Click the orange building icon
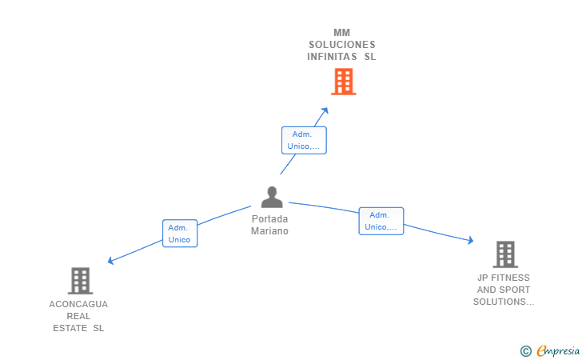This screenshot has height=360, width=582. tap(343, 82)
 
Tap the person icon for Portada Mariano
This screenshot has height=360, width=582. tap(272, 197)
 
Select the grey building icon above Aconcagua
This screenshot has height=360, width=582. tap(80, 281)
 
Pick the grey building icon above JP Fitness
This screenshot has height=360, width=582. tap(504, 254)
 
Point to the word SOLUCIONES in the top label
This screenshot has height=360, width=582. tap(342, 45)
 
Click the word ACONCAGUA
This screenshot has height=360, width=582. tap(78, 304)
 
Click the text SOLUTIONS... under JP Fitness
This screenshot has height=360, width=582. tap(504, 302)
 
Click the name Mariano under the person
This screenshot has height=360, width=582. tap(269, 231)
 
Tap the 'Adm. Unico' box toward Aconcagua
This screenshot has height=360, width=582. tap(179, 234)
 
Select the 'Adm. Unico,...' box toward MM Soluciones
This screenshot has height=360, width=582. tap(304, 140)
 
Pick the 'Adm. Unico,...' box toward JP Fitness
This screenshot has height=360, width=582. tap(381, 221)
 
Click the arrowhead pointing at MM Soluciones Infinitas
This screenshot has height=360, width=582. tap(325, 110)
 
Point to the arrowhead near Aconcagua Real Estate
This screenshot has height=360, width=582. tap(110, 260)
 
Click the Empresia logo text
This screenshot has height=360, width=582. tap(558, 350)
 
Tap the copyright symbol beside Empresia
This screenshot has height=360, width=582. tap(525, 350)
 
